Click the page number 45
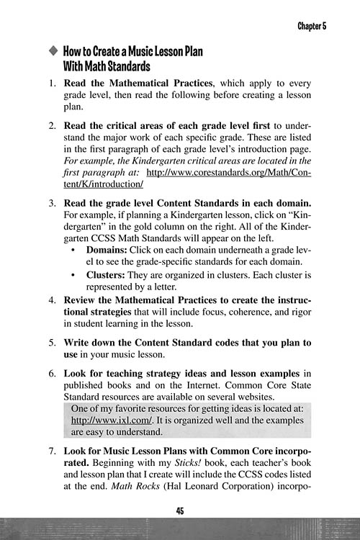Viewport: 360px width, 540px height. tap(180, 510)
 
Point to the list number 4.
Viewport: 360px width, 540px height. tap(53, 299)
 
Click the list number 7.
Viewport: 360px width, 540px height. tap(53, 450)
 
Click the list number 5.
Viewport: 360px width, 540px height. tap(53, 342)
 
